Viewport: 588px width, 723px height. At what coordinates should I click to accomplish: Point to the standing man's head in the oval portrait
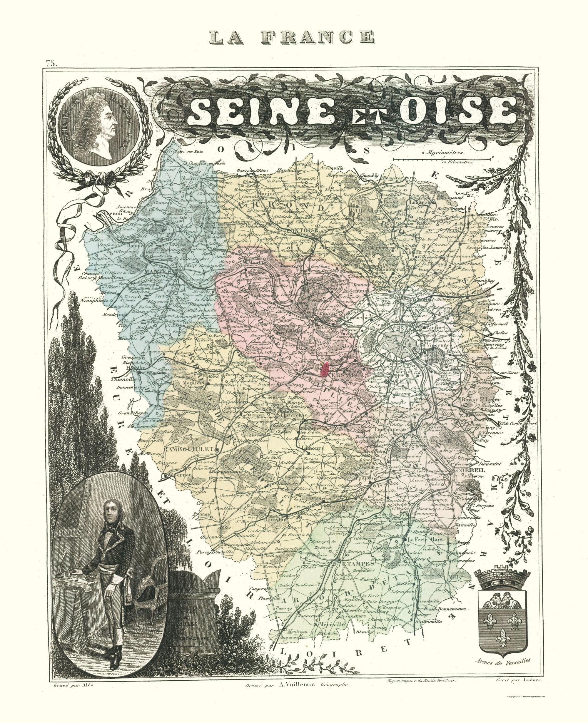[113, 512]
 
